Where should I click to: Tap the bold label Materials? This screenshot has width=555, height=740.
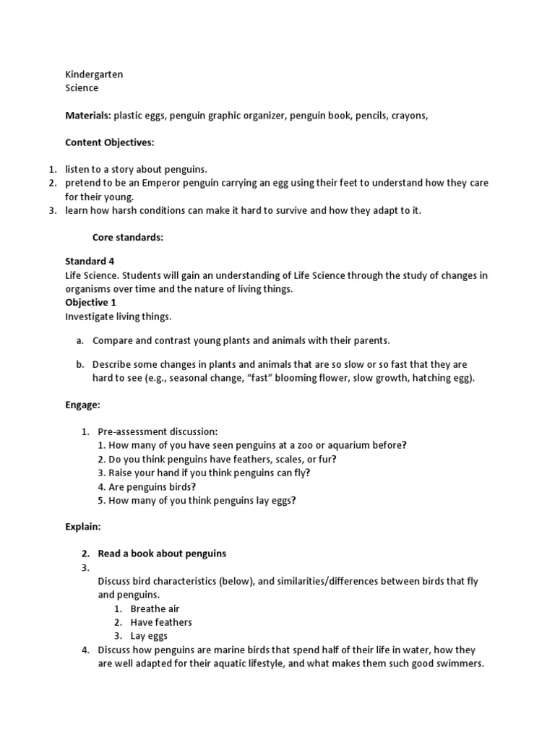[x=88, y=116]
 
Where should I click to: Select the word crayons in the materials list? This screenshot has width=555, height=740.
[x=410, y=116]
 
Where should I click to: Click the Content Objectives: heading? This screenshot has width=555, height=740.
[x=110, y=142]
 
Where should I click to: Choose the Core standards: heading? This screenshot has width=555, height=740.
[x=128, y=237]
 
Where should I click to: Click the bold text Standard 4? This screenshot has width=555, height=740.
[x=90, y=261]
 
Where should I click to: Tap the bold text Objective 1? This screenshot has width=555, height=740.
[x=90, y=302]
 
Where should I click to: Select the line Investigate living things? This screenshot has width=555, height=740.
[x=119, y=317]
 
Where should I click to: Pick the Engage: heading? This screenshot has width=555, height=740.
[x=82, y=405]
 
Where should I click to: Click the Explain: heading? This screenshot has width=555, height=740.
[x=83, y=527]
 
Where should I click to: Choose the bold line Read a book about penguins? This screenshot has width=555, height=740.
[x=162, y=554]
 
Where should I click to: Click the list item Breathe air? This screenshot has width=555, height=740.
[x=155, y=608]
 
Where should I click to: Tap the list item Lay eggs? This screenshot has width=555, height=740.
[x=149, y=636]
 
